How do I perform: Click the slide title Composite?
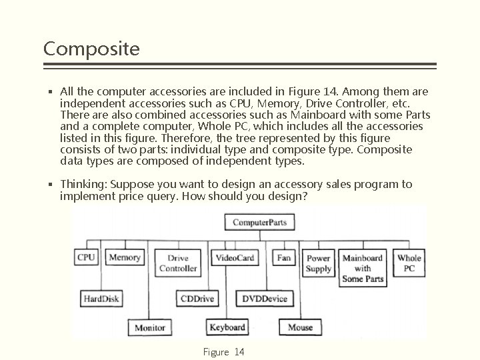pyautogui.click(x=91, y=49)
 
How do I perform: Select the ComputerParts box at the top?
pyautogui.click(x=259, y=222)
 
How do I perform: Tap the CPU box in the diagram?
pyautogui.click(x=86, y=258)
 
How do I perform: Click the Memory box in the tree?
pyautogui.click(x=125, y=258)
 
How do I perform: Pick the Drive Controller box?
pyautogui.click(x=177, y=263)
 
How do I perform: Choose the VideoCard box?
pyautogui.click(x=235, y=258)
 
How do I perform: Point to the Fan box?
pyautogui.click(x=284, y=258)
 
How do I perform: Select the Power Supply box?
pyautogui.click(x=319, y=263)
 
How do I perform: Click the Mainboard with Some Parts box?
pyautogui.click(x=363, y=268)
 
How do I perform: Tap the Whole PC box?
pyautogui.click(x=409, y=263)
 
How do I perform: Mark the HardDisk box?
pyautogui.click(x=101, y=298)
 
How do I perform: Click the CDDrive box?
pyautogui.click(x=197, y=298)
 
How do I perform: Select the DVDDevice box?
pyautogui.click(x=265, y=298)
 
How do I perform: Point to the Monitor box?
pyautogui.click(x=150, y=327)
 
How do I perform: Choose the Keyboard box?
pyautogui.click(x=227, y=327)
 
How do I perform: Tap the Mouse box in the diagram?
pyautogui.click(x=301, y=327)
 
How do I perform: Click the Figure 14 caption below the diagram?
pyautogui.click(x=223, y=351)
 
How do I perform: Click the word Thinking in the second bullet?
pyautogui.click(x=82, y=184)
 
